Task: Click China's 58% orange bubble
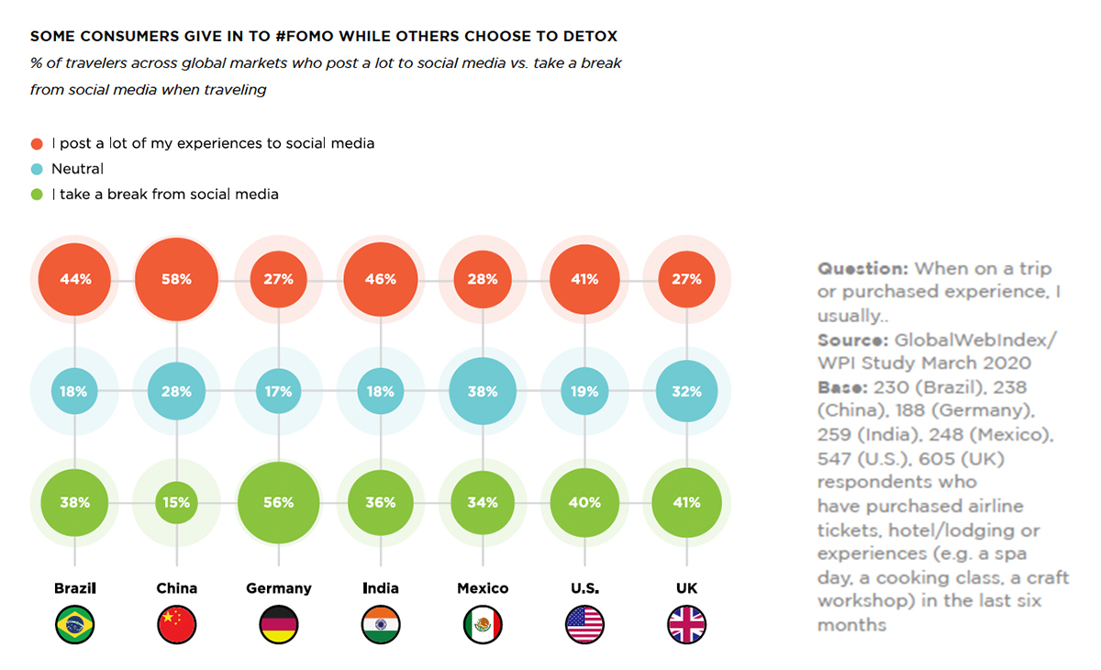[x=176, y=279]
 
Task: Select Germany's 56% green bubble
[x=278, y=503]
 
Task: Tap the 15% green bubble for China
[x=176, y=503]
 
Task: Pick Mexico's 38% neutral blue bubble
[x=483, y=391]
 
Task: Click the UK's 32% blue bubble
[x=687, y=391]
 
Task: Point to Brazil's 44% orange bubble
[x=74, y=279]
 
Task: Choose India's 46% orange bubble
[x=380, y=279]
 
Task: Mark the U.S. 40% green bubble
[x=584, y=503]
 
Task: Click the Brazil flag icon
[x=74, y=625]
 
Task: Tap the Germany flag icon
[x=278, y=625]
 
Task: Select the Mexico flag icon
[x=483, y=625]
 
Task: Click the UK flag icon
[x=687, y=625]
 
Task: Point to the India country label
[x=380, y=588]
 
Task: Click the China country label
[x=176, y=588]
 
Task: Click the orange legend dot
[x=37, y=144]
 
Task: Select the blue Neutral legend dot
[x=37, y=169]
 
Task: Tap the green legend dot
[x=37, y=195]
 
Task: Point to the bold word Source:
[x=853, y=340]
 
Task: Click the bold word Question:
[x=863, y=269]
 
